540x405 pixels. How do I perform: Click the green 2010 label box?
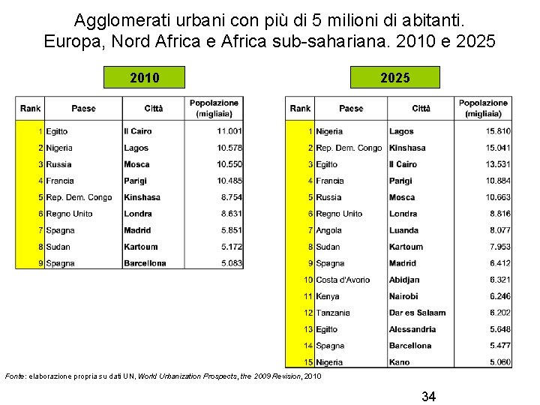click(144, 77)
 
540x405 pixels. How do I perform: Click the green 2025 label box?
click(395, 77)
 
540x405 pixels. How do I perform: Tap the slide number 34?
click(428, 396)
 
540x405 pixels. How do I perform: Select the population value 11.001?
click(226, 131)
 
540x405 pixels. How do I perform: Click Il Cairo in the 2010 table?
click(138, 131)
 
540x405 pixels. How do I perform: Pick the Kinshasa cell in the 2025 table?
click(407, 148)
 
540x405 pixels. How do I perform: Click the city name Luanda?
click(404, 230)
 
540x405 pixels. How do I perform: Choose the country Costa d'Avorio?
click(343, 280)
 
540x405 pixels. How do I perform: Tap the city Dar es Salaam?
click(417, 313)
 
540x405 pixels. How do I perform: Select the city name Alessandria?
click(412, 329)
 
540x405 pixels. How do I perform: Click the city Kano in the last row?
click(400, 362)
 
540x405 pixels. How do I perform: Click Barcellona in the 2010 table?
click(145, 263)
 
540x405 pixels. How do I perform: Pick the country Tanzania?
click(333, 313)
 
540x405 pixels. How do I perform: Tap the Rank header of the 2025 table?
click(300, 109)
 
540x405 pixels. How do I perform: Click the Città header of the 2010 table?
click(153, 109)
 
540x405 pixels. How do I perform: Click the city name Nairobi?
click(403, 296)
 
